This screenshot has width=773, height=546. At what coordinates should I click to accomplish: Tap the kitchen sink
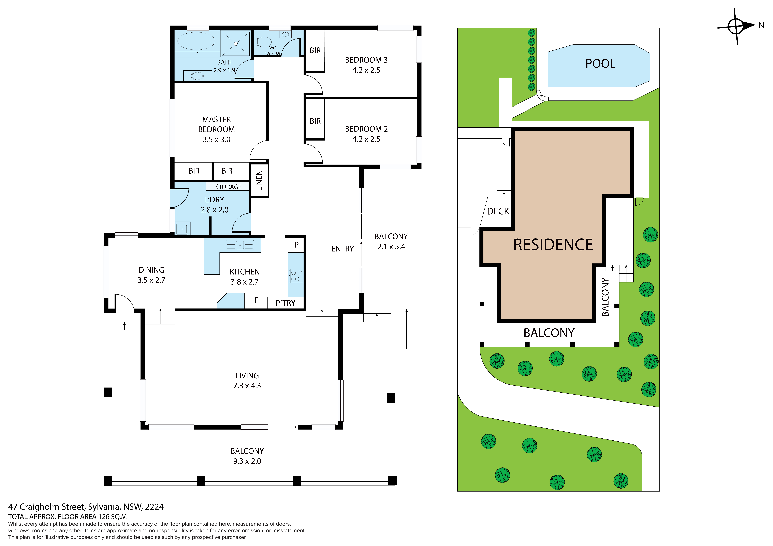240,245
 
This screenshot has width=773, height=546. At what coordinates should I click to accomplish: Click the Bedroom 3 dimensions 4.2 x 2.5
366,70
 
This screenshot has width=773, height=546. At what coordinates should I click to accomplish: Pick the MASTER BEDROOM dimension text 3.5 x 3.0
216,140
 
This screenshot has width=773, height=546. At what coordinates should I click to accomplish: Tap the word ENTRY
343,249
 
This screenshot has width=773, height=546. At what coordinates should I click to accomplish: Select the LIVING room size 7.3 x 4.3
247,386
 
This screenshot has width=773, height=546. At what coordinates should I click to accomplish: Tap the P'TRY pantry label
285,303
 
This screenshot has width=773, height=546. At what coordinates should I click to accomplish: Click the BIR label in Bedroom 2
315,121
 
